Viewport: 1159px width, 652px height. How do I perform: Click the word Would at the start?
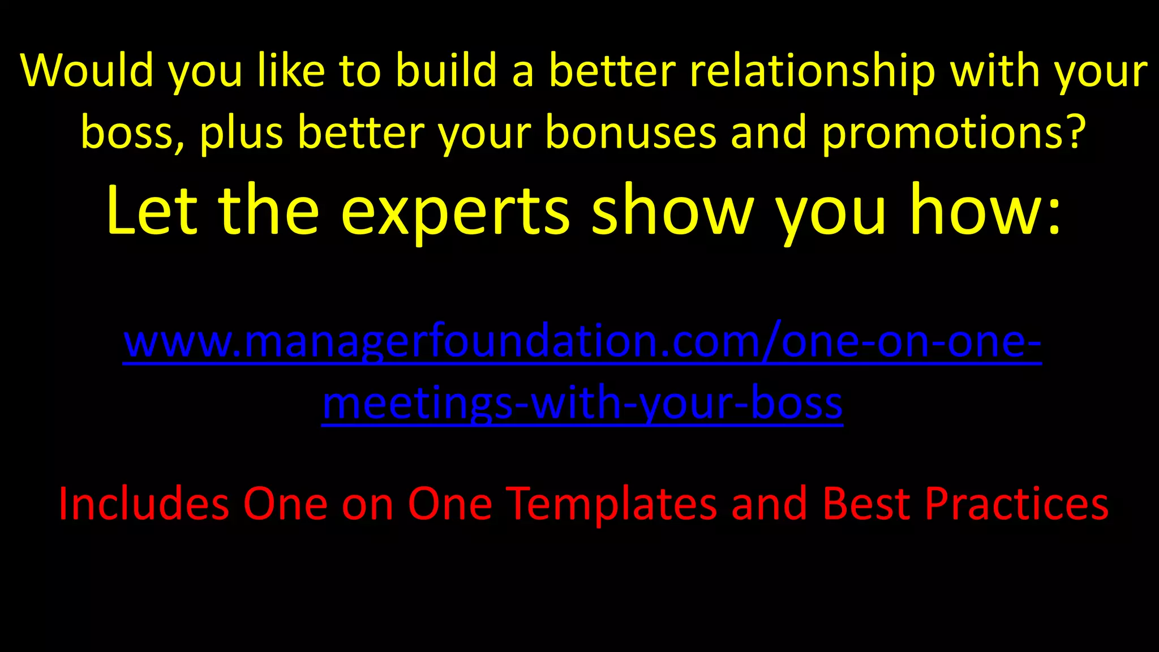click(87, 71)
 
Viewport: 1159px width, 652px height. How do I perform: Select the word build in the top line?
click(445, 71)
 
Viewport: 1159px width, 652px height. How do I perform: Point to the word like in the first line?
click(291, 71)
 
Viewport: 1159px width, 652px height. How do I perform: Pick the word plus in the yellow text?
click(241, 133)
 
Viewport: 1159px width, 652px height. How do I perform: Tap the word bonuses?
click(630, 133)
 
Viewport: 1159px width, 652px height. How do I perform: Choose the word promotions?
click(941, 133)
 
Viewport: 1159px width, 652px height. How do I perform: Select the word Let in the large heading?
click(152, 211)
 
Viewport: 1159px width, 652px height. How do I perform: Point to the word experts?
click(455, 211)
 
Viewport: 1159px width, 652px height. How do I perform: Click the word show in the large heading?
click(673, 211)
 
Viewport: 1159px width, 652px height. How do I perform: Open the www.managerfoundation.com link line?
click(582, 342)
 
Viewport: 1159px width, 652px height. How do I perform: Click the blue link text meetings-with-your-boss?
click(582, 404)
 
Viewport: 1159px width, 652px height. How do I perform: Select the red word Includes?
click(144, 504)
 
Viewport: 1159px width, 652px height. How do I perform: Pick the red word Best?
click(866, 504)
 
